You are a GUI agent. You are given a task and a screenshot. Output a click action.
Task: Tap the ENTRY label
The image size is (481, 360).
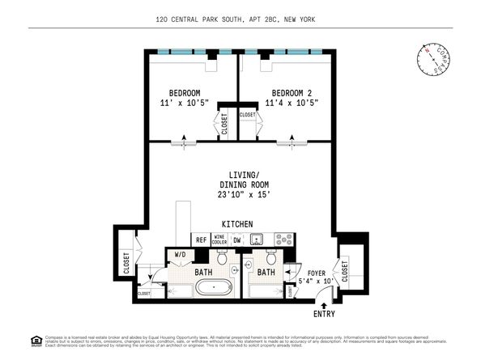[x=322, y=314]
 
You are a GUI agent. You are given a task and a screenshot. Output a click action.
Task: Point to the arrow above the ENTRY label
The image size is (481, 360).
[x=322, y=302]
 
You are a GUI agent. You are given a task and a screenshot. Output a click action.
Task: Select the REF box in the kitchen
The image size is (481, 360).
[x=201, y=239]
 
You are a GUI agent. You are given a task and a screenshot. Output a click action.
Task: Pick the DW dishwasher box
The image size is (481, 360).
[x=237, y=239]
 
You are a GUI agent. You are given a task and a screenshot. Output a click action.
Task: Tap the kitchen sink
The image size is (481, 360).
[x=258, y=239]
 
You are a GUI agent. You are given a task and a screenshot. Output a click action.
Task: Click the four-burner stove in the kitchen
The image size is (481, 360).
[x=283, y=239]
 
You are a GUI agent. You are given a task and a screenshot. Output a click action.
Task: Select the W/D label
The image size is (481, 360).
[x=181, y=254]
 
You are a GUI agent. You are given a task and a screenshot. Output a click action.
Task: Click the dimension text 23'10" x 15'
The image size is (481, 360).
[x=243, y=194]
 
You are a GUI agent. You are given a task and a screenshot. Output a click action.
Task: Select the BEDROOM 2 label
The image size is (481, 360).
[x=291, y=92]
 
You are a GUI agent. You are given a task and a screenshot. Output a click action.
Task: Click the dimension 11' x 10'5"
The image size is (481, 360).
[x=185, y=103]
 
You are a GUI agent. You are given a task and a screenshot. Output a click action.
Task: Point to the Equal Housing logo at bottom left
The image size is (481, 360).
[x=35, y=339]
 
